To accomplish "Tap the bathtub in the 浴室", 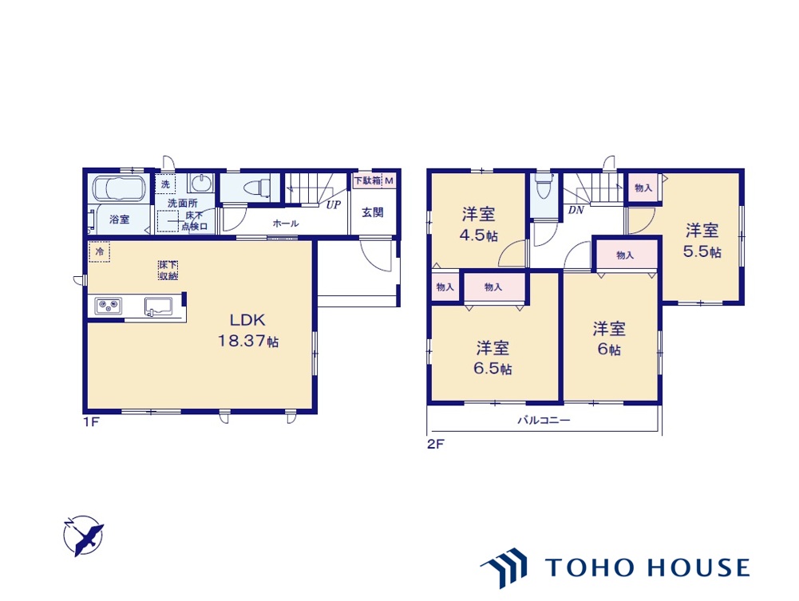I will (x=118, y=190).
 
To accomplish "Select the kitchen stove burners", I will (x=107, y=306).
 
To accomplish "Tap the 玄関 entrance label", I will (x=372, y=212).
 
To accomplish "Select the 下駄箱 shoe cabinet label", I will (x=368, y=181).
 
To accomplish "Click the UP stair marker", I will (x=333, y=204).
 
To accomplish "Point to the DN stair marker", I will (x=575, y=211).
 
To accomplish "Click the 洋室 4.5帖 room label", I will (x=478, y=225).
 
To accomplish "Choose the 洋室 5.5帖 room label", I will (x=702, y=241).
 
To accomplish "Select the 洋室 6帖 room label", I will (x=609, y=339).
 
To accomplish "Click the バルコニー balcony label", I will (x=544, y=420).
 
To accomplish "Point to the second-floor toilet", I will (x=544, y=189).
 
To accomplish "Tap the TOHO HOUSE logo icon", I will (x=505, y=567).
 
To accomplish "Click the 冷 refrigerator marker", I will (x=100, y=251).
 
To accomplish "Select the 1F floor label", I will (x=90, y=421).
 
